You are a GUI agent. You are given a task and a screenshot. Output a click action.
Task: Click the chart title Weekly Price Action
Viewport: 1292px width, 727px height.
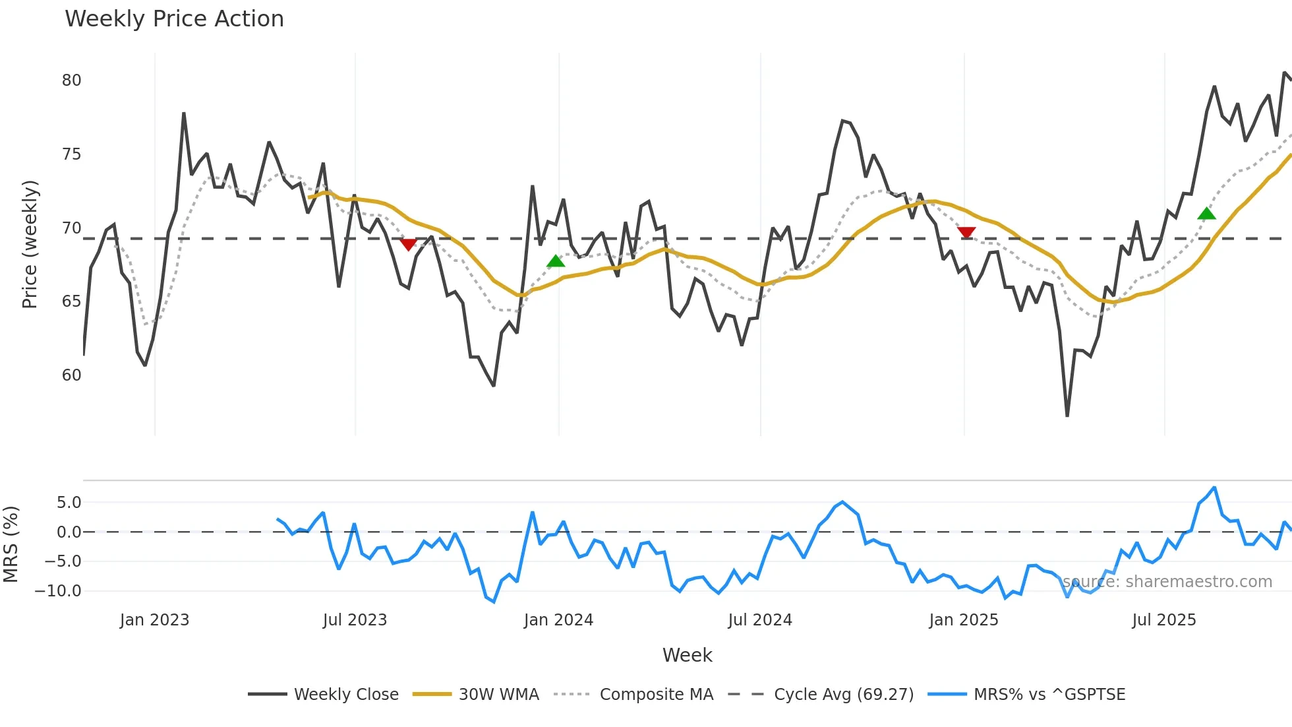[x=174, y=19]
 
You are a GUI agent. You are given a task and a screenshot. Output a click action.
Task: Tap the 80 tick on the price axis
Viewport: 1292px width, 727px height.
[x=71, y=80]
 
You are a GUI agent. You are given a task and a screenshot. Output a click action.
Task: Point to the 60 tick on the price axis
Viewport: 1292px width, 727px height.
[x=71, y=375]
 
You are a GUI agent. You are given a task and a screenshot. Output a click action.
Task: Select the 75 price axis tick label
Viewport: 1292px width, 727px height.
[x=71, y=154]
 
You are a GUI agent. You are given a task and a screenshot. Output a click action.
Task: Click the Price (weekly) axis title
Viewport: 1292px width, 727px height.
[x=30, y=244]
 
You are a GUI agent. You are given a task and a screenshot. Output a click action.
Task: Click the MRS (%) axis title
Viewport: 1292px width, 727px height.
[x=11, y=544]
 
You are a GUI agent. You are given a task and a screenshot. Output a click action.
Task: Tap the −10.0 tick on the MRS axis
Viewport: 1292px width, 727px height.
[x=58, y=591]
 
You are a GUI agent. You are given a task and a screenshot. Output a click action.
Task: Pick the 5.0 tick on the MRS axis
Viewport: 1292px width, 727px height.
[x=69, y=503]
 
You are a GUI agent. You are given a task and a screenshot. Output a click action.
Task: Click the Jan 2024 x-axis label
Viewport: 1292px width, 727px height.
[x=558, y=620]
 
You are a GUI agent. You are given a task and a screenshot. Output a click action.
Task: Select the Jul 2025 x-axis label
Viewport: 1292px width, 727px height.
[x=1163, y=620]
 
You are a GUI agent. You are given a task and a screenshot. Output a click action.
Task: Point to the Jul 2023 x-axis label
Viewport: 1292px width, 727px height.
[x=355, y=620]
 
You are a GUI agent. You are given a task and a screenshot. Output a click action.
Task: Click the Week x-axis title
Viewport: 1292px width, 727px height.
[x=687, y=655]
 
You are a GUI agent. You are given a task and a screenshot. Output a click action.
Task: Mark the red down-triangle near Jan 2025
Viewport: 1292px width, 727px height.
[x=966, y=232]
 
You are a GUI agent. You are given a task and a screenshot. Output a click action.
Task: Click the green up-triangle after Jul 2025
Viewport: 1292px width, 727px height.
[x=1206, y=213]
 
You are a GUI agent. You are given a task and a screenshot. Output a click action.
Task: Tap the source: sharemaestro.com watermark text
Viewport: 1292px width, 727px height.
[x=1167, y=582]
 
